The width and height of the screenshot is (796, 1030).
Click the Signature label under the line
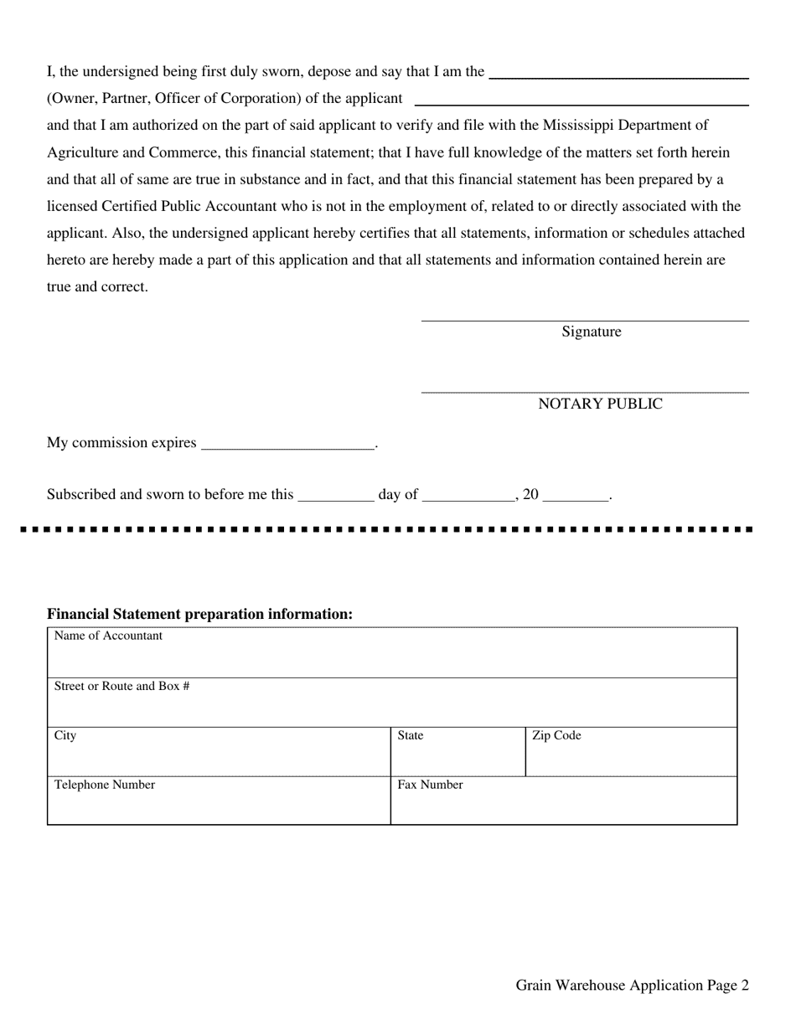click(x=592, y=332)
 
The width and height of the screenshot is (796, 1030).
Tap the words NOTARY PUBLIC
click(x=600, y=404)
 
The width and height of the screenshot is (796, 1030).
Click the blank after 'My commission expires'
click(x=288, y=445)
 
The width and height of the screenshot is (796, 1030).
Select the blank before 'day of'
click(x=336, y=497)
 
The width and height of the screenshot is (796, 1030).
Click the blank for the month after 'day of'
click(x=469, y=497)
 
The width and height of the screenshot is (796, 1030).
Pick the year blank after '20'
click(x=576, y=497)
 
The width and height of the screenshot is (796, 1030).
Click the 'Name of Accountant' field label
click(x=108, y=636)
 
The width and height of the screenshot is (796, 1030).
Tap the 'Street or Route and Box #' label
click(x=121, y=686)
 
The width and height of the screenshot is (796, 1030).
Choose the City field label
click(x=65, y=735)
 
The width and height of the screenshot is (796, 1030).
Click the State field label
click(x=411, y=735)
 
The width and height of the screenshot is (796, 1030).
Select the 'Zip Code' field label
click(x=556, y=735)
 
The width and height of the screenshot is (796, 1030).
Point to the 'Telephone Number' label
click(x=105, y=785)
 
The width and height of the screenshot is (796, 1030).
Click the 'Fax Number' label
click(x=430, y=785)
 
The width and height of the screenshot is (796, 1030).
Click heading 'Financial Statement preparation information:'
click(x=199, y=614)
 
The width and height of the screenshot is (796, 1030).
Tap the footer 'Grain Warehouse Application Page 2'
click(x=633, y=986)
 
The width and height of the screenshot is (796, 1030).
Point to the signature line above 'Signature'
click(x=585, y=319)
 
